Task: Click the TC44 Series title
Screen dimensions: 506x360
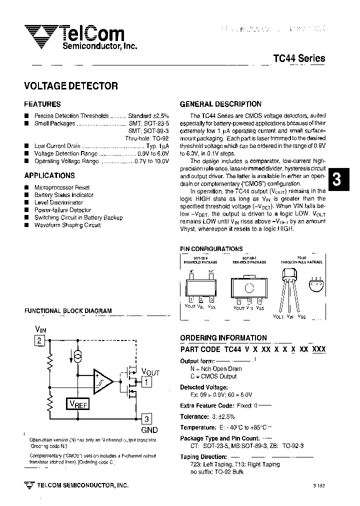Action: (299, 58)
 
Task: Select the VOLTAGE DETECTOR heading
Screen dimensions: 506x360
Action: (71, 86)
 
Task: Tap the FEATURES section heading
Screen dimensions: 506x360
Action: (42, 104)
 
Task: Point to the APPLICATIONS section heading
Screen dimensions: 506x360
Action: (49, 175)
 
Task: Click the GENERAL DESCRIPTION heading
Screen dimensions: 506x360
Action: (220, 104)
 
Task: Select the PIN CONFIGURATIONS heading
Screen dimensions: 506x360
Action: (211, 249)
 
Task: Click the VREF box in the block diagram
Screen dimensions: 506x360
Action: (77, 404)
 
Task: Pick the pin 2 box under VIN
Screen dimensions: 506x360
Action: (40, 341)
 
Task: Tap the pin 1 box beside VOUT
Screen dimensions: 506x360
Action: (146, 383)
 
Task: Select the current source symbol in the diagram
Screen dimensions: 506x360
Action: (77, 357)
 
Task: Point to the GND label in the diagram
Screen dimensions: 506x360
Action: (149, 430)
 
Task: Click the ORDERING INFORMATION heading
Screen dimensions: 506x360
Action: (223, 337)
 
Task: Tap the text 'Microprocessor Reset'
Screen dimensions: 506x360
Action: (62, 187)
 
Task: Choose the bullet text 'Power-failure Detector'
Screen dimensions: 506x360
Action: (62, 210)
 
